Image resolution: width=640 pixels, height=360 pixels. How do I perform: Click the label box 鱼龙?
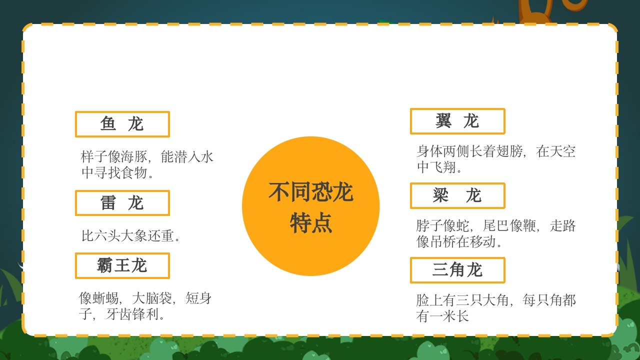122,124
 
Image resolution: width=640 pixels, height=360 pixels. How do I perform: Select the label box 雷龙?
122,203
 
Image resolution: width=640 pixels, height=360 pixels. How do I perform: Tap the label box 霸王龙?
122,265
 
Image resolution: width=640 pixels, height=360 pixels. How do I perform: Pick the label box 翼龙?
457,121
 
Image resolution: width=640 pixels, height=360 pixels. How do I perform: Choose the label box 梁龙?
457,195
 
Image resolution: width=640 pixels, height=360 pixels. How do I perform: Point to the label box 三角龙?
457,270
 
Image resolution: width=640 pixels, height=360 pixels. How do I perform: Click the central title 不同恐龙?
310,192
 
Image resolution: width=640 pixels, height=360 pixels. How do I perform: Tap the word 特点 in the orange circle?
310,223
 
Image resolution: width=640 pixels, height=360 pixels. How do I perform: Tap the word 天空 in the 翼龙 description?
562,151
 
